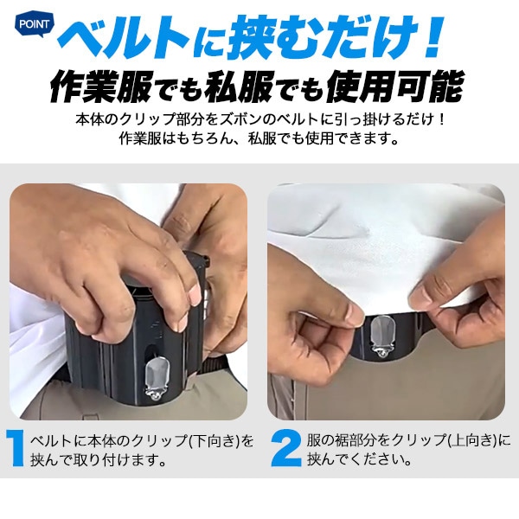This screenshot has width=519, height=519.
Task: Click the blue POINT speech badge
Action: pos(34,24)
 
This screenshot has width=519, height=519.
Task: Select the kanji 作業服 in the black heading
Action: pos(101,86)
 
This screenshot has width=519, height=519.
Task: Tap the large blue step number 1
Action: pos(15,448)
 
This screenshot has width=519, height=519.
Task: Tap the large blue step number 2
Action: pos(286,448)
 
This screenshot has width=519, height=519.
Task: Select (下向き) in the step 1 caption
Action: pos(216,441)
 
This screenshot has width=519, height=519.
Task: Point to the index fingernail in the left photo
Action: pos(195,295)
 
